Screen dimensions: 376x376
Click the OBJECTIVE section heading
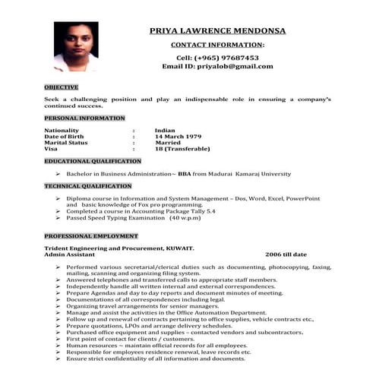[x=61, y=87]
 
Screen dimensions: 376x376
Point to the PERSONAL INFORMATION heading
[x=84, y=118]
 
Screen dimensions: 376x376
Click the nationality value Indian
[x=165, y=131]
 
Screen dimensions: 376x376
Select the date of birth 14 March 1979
[x=181, y=137]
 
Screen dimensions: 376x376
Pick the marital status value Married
[x=168, y=143]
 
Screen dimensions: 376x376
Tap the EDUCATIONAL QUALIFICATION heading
[x=93, y=161]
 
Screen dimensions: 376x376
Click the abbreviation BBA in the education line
[x=185, y=174]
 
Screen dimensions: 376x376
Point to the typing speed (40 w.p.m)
[x=185, y=218]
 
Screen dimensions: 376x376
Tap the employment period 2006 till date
[x=286, y=254]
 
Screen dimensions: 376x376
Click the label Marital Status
[x=66, y=143]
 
